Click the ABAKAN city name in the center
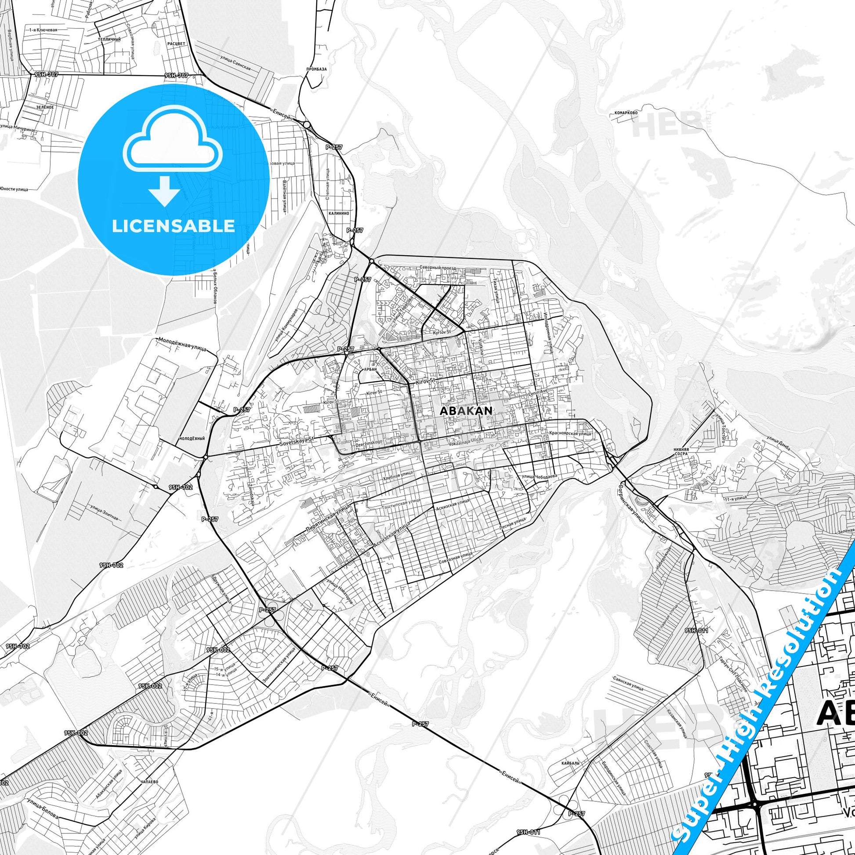click(466, 410)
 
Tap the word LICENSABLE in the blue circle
click(173, 226)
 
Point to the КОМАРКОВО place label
click(626, 113)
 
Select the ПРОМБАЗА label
click(316, 69)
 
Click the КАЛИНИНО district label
click(339, 213)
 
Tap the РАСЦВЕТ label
click(177, 44)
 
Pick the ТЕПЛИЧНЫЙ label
click(109, 40)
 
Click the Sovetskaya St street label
click(297, 439)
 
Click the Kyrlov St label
click(442, 331)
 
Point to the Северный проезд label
click(437, 268)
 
